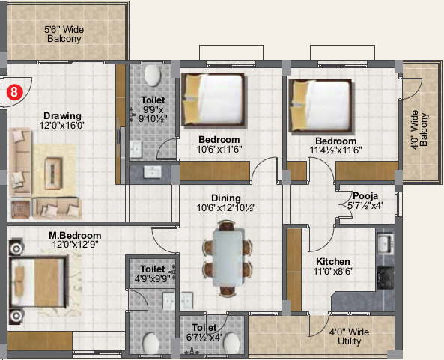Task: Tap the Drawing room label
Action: [62, 116]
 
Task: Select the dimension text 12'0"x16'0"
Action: [62, 126]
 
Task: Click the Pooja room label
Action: [365, 196]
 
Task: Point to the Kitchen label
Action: [333, 261]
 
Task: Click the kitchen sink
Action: [385, 244]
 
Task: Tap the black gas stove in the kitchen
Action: [385, 278]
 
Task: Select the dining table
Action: [228, 257]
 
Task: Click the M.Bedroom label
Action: [75, 235]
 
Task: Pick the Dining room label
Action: [226, 198]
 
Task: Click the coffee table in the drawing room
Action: [53, 174]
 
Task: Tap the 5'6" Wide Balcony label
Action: [64, 34]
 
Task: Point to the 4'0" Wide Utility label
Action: [349, 337]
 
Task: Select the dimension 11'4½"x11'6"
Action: [336, 150]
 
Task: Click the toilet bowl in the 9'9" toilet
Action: [153, 76]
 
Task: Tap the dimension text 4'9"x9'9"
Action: [152, 278]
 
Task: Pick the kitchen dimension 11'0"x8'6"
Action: [333, 272]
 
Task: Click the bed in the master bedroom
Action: [39, 282]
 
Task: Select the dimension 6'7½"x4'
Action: [204, 338]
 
